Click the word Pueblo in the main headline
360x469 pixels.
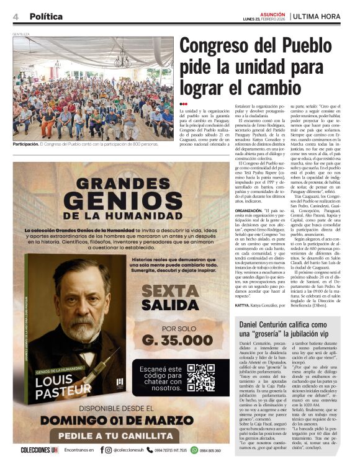coord(302,46)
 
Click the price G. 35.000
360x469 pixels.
coord(177,340)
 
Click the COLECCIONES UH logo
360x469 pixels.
coord(39,450)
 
